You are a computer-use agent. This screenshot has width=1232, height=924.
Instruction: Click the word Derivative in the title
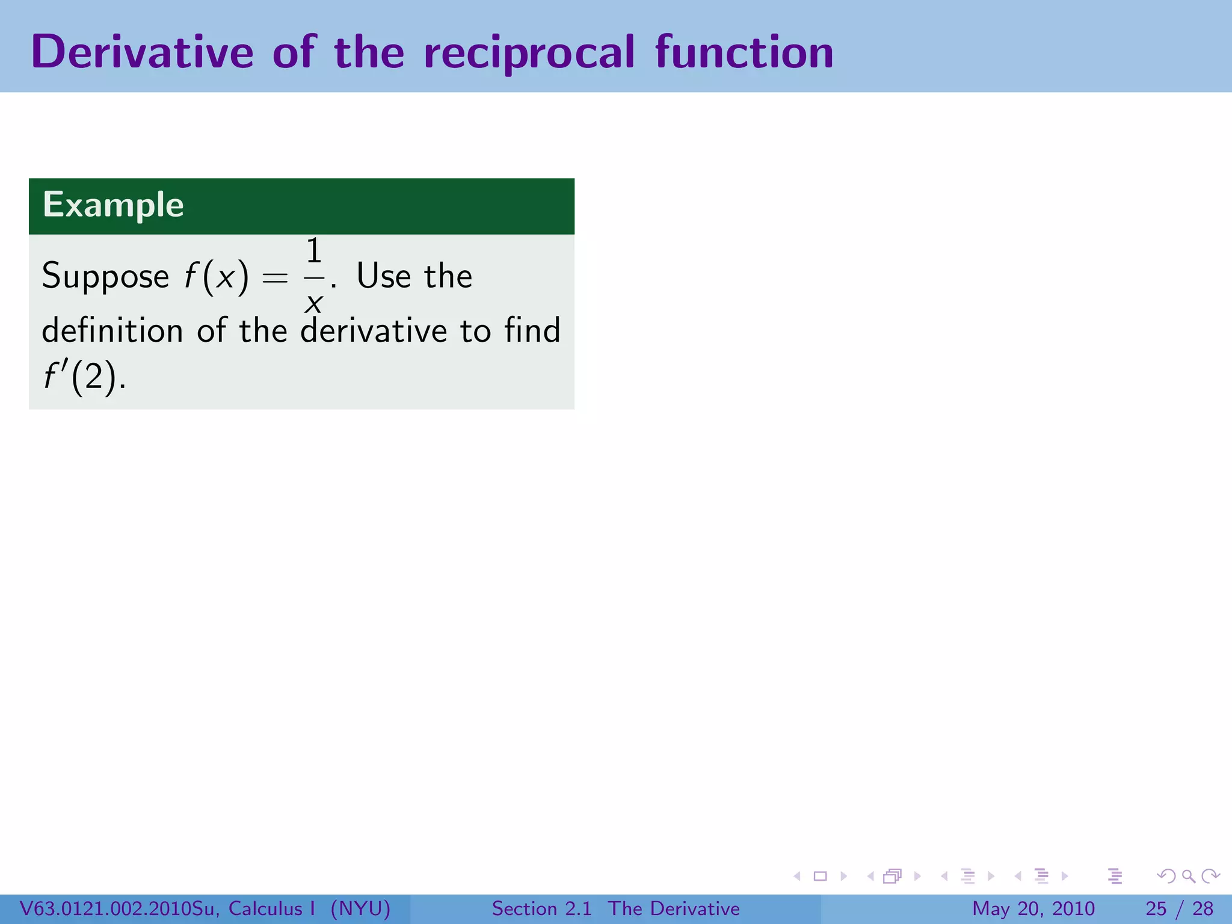coord(143,52)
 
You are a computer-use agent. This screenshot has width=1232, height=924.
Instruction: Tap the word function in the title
coord(744,52)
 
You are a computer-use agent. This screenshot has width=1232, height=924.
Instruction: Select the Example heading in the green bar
coord(113,205)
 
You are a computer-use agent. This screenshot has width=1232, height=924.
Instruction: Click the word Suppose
coord(105,277)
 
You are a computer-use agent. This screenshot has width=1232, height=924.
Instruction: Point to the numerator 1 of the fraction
coord(314,251)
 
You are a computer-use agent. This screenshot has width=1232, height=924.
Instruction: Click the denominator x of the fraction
coord(313,303)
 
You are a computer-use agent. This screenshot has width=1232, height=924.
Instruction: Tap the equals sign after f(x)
coord(275,278)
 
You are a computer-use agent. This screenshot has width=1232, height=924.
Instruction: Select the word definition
coord(112,330)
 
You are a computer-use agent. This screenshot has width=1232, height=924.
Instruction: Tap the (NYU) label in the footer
coord(360,908)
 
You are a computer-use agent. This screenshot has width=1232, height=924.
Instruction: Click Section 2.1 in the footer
coord(541,908)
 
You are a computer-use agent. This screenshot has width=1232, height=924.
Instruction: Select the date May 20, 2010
coord(1033,908)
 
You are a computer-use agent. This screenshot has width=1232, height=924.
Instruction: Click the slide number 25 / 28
coord(1179,908)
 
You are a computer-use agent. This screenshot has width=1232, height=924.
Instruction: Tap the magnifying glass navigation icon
coord(1188,876)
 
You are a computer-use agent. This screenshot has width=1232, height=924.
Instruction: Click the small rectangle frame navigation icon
coord(820,876)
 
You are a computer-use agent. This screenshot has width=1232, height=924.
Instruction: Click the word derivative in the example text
coord(374,330)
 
